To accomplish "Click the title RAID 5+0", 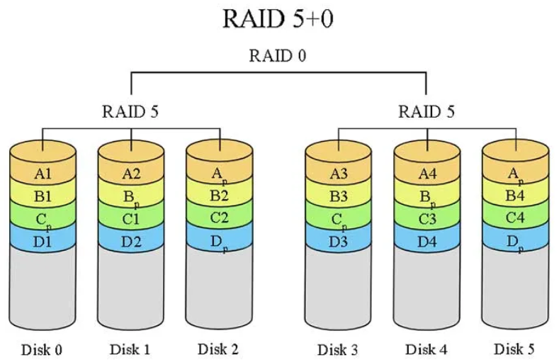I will [278, 18].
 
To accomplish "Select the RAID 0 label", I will [278, 56].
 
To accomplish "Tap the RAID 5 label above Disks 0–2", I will [130, 111].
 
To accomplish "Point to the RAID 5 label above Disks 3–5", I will [427, 111].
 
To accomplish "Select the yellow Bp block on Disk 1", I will [130, 195].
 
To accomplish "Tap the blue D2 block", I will [130, 241].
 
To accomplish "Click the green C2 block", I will [219, 218].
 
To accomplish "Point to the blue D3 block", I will [337, 241].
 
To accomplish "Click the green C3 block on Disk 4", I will [426, 218].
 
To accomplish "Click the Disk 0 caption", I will [43, 349].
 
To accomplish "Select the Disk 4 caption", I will [426, 349].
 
